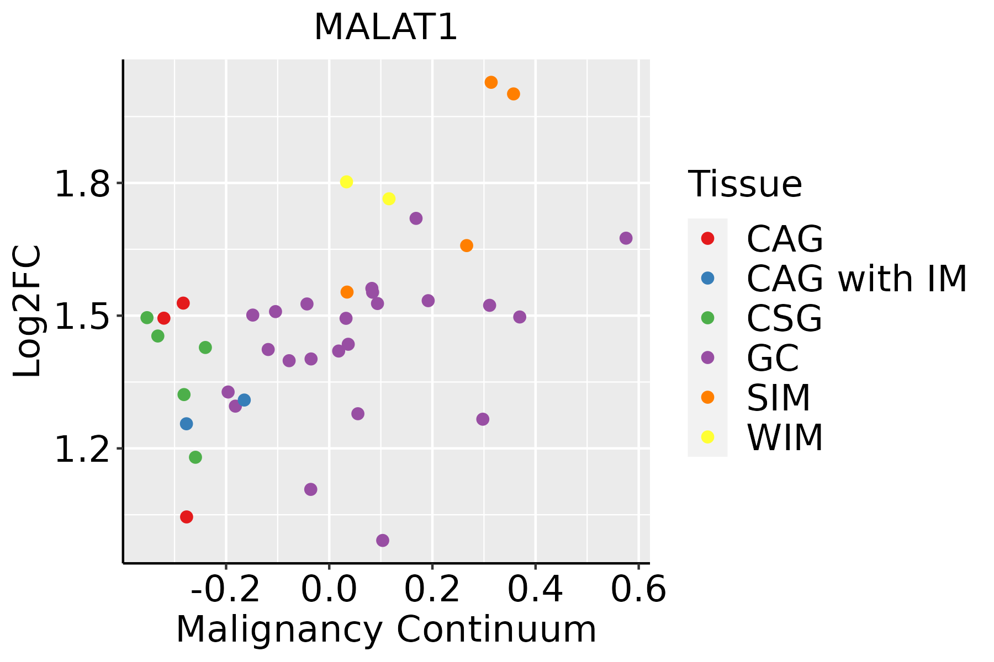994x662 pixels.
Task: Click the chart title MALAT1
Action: click(385, 28)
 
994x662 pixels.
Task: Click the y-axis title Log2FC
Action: click(28, 312)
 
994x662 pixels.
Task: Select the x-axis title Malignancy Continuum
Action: click(386, 629)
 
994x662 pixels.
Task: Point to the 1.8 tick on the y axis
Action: click(83, 184)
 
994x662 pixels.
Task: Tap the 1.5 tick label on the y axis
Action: click(83, 317)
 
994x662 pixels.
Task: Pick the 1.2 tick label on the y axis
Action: click(83, 450)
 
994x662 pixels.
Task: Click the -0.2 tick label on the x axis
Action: click(225, 590)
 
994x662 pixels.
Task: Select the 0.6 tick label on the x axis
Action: click(638, 590)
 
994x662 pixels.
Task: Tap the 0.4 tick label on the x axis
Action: click(535, 590)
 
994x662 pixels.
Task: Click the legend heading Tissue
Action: click(745, 184)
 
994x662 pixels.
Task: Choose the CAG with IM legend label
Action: click(856, 279)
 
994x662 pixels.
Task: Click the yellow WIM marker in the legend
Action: click(707, 437)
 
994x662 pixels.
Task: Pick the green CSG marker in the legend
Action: click(707, 318)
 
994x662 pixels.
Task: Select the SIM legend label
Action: click(779, 398)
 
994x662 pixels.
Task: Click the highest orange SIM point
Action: click(491, 82)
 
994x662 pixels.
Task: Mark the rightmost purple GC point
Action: click(626, 238)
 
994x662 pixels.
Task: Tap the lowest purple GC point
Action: click(383, 540)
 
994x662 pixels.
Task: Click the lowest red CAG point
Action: click(187, 517)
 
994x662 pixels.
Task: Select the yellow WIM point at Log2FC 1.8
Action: click(346, 182)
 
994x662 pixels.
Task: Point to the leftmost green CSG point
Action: click(147, 318)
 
